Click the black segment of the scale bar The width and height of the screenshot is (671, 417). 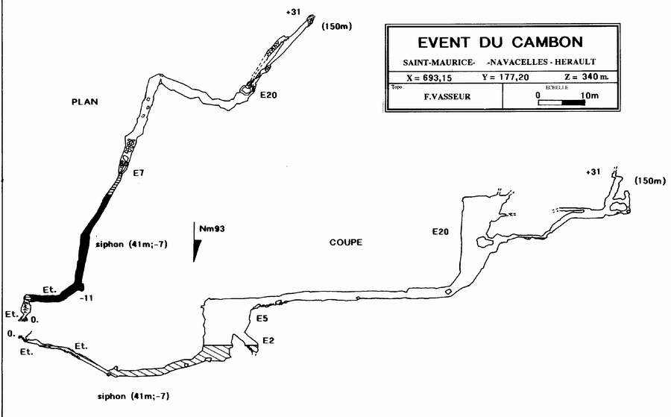[573, 103]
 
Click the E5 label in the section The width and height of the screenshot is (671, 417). [261, 319]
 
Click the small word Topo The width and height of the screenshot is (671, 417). [396, 87]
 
